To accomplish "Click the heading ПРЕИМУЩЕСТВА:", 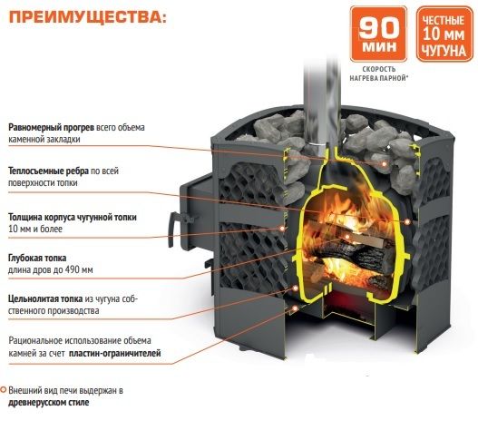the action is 88,17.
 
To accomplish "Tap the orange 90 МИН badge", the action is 378,34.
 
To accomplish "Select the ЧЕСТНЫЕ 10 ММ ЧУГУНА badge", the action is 444,34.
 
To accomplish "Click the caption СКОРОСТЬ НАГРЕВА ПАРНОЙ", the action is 379,73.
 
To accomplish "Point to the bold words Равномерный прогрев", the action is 51,127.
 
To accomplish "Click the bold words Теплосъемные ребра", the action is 48,171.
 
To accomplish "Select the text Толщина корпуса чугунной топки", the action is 73,217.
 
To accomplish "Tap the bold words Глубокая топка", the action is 37,258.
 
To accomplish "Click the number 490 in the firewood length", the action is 73,270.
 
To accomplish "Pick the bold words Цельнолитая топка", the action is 45,298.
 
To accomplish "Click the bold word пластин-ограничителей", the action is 115,354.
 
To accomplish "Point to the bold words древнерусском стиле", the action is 49,403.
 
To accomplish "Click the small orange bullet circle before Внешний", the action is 4,390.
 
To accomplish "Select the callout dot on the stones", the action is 385,164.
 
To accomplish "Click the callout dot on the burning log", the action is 346,237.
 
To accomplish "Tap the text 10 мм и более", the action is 35,229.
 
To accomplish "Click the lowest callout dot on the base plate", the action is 295,308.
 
